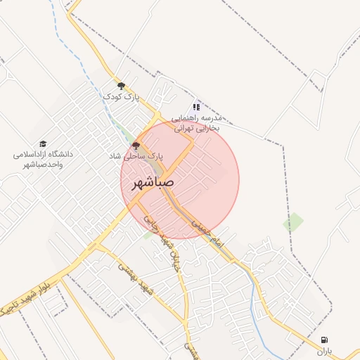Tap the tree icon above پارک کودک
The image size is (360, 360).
point(122,86)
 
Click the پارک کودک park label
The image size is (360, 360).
point(122,96)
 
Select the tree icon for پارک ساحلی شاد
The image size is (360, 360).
point(136,146)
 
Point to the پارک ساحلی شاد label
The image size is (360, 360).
point(136,155)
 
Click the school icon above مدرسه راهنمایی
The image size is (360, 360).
point(197,107)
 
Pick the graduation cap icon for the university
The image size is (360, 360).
point(44,143)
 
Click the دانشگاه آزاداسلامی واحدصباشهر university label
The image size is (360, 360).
point(44,158)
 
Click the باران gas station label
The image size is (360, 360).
point(324,350)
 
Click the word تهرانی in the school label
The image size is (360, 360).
point(179,128)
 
